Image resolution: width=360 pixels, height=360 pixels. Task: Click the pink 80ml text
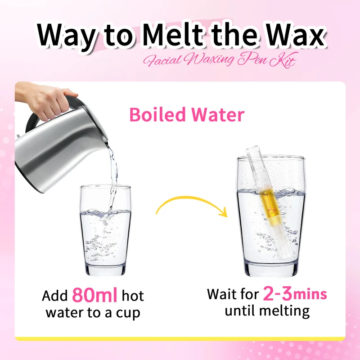[x=95, y=295]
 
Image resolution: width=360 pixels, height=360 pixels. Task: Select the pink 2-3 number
[x=277, y=293]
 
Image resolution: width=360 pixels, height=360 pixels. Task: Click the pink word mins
[x=310, y=295]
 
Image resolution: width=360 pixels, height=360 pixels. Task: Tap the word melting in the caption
[x=284, y=311]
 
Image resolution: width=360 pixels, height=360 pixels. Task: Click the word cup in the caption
[x=128, y=313]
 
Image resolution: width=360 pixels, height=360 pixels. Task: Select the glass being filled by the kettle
[x=105, y=230]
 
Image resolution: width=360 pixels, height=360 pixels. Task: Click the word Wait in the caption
[x=220, y=294]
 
